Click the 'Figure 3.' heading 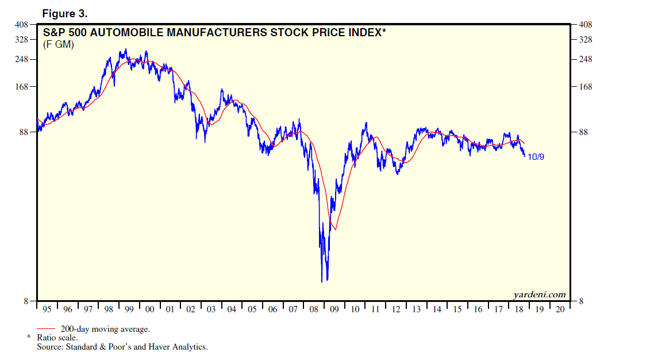[x=64, y=13]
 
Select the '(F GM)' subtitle [x=59, y=44]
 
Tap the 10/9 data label [x=536, y=156]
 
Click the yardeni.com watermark [x=539, y=294]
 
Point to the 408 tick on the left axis [x=21, y=25]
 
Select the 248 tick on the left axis [x=21, y=60]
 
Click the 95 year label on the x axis [x=47, y=309]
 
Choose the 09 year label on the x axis [x=334, y=309]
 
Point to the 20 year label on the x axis [x=560, y=309]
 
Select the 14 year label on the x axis [x=437, y=309]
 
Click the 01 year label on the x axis [x=170, y=309]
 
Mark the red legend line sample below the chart [x=46, y=330]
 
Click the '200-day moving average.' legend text [x=105, y=330]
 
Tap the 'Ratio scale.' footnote [x=57, y=338]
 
